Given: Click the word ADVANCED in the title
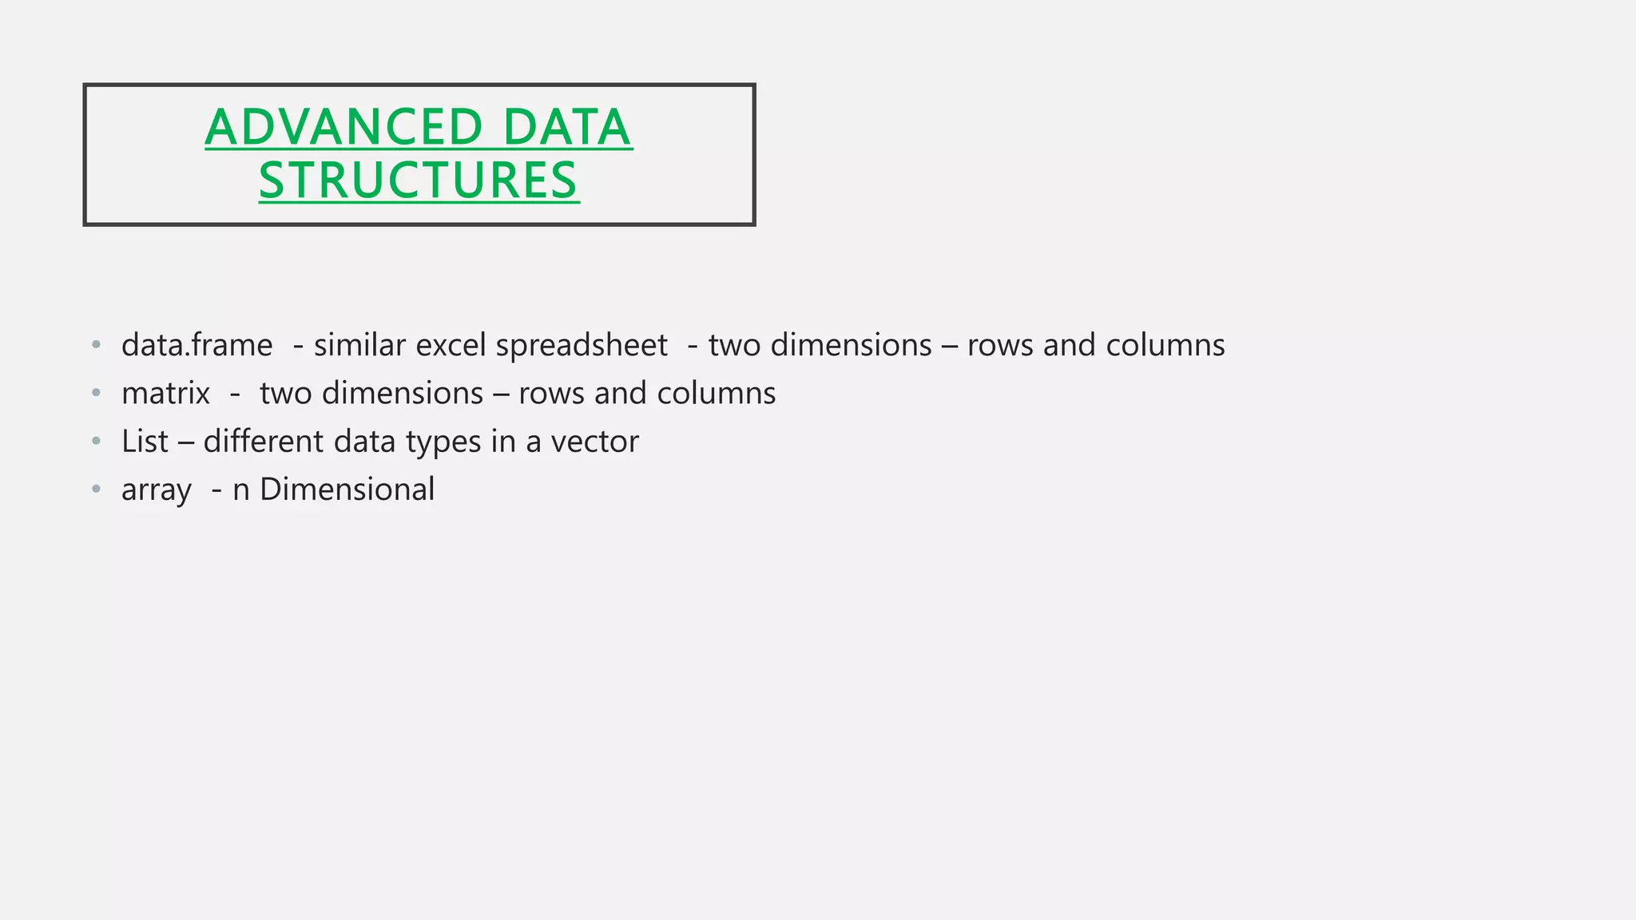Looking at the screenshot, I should [x=343, y=128].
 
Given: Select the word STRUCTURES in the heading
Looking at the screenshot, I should [x=419, y=180].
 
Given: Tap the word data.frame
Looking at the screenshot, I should [x=197, y=345].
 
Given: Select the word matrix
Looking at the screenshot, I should [x=165, y=394].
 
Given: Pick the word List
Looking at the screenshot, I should [x=145, y=442].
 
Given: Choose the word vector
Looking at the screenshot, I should [x=594, y=442].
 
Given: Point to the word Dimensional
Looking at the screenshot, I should [x=347, y=490].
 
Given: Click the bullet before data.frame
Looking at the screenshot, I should [x=97, y=345].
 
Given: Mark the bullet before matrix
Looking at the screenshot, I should [x=97, y=393].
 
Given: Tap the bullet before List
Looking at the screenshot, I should [x=97, y=441].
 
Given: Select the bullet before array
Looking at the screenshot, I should [x=97, y=489].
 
